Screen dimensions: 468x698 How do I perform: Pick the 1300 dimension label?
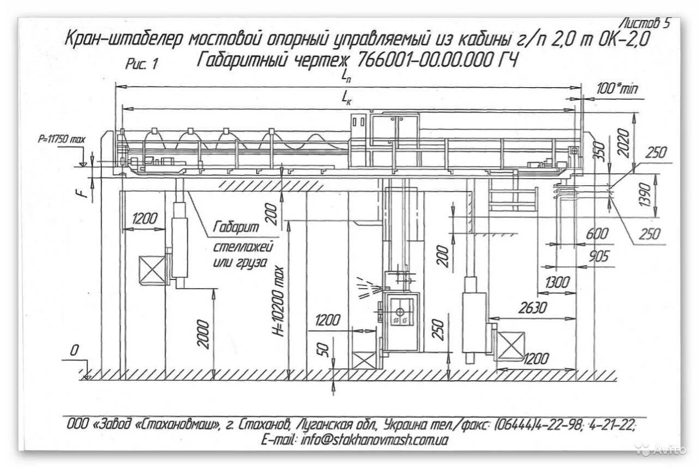point(557,283)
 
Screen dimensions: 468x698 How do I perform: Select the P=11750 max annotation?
point(62,139)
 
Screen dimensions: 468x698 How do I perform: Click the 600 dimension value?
point(596,234)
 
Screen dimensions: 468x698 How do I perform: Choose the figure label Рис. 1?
point(141,64)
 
